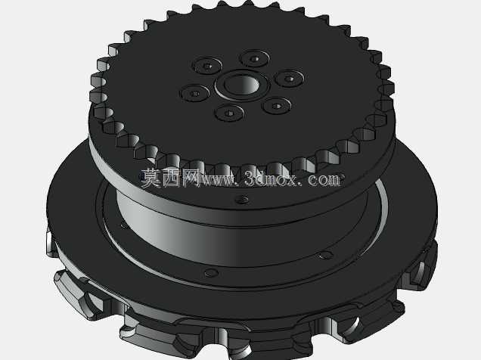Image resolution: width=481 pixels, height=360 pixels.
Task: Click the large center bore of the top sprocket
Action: coord(242,85)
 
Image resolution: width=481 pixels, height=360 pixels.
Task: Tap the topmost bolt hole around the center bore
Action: coord(254,58)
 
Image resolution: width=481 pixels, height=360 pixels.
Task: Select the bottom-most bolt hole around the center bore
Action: coord(229,113)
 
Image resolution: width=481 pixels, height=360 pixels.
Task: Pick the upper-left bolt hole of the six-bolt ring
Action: coord(207,66)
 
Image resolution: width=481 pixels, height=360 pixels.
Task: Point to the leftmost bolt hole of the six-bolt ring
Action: coord(195,93)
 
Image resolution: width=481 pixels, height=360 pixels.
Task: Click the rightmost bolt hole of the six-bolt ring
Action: coord(289,79)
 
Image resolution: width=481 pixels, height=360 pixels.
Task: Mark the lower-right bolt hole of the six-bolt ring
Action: coord(277,106)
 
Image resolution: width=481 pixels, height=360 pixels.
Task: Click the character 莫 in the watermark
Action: coord(151,178)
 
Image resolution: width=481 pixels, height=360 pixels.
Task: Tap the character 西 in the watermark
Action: coord(172,178)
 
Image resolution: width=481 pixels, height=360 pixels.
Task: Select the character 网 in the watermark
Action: coord(191,178)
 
